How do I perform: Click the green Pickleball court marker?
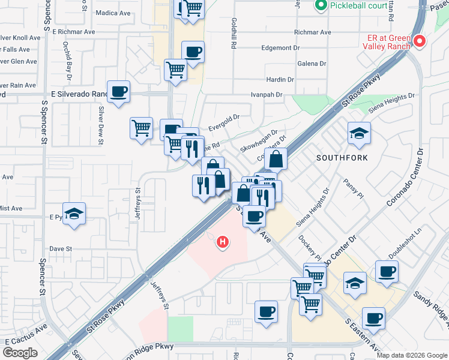(x=320, y=7)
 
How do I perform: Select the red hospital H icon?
(x=223, y=242)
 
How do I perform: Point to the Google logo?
(x=20, y=353)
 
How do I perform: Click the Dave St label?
(x=61, y=248)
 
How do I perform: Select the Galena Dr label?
(x=312, y=63)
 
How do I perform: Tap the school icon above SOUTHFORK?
(x=359, y=134)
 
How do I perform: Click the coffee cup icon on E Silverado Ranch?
(x=119, y=92)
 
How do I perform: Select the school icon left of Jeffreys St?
(x=74, y=214)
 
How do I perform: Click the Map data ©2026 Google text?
(x=412, y=355)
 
